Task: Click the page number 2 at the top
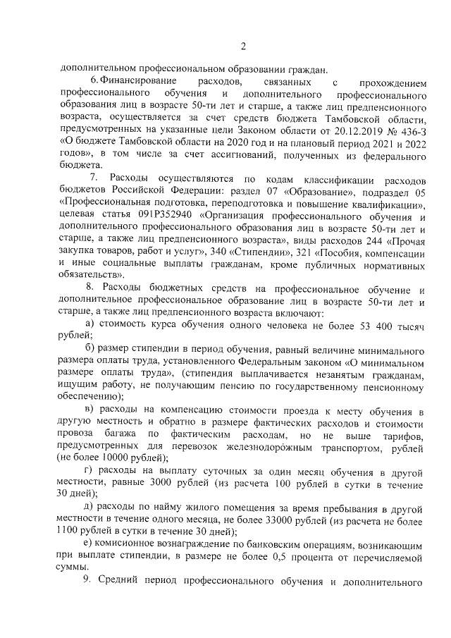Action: pos(243,47)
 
